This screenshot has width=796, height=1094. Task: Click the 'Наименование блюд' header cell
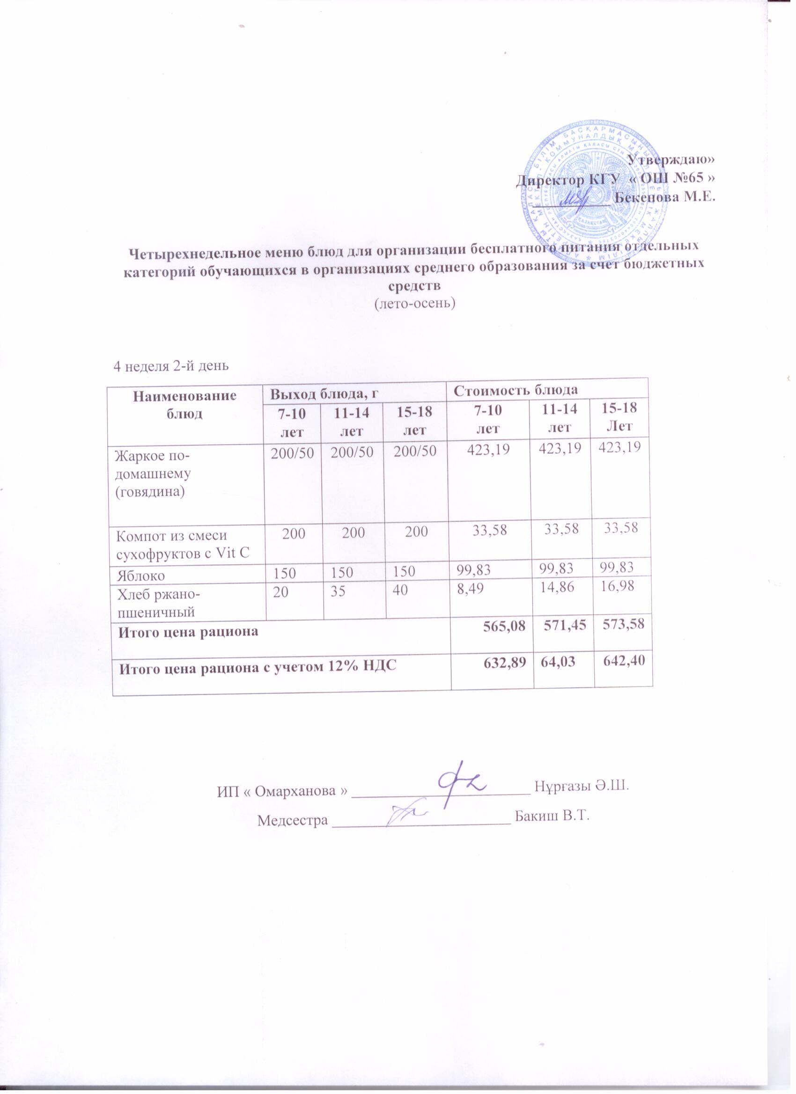tap(185, 403)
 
